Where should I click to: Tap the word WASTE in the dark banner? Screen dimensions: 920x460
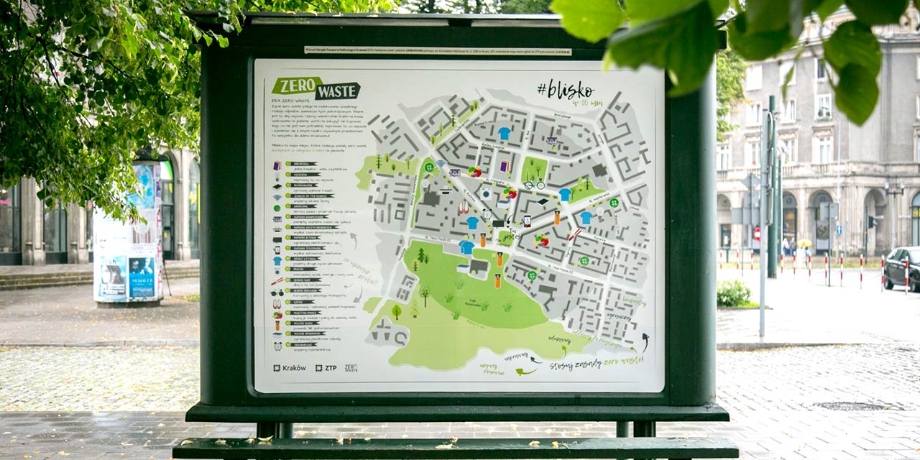pos(338,92)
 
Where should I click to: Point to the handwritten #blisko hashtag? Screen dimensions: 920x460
pos(566,90)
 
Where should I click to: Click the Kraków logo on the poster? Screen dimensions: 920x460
pos(290,367)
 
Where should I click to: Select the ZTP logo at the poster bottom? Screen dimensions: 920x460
pos(326,367)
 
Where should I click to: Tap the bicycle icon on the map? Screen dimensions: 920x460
pos(534,184)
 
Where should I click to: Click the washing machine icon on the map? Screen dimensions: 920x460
pos(487,193)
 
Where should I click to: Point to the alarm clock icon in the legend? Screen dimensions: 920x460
pos(277,346)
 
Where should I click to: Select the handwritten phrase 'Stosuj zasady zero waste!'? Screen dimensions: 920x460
pos(596,363)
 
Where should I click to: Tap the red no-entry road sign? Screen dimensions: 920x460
pos(755,234)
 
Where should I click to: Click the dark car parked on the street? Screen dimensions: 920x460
pos(902,267)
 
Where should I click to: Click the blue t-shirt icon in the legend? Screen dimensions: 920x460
pos(277,261)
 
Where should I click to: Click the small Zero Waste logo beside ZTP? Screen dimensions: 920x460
pos(351,367)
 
